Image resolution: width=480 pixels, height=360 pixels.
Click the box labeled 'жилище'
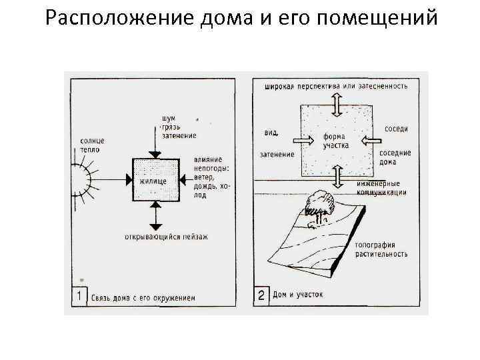pyautogui.click(x=155, y=180)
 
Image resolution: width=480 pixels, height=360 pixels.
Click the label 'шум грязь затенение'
pyautogui.click(x=178, y=127)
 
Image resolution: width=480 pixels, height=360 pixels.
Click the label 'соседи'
pyautogui.click(x=396, y=129)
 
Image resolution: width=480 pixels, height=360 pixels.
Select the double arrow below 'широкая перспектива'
pyautogui.click(x=338, y=105)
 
